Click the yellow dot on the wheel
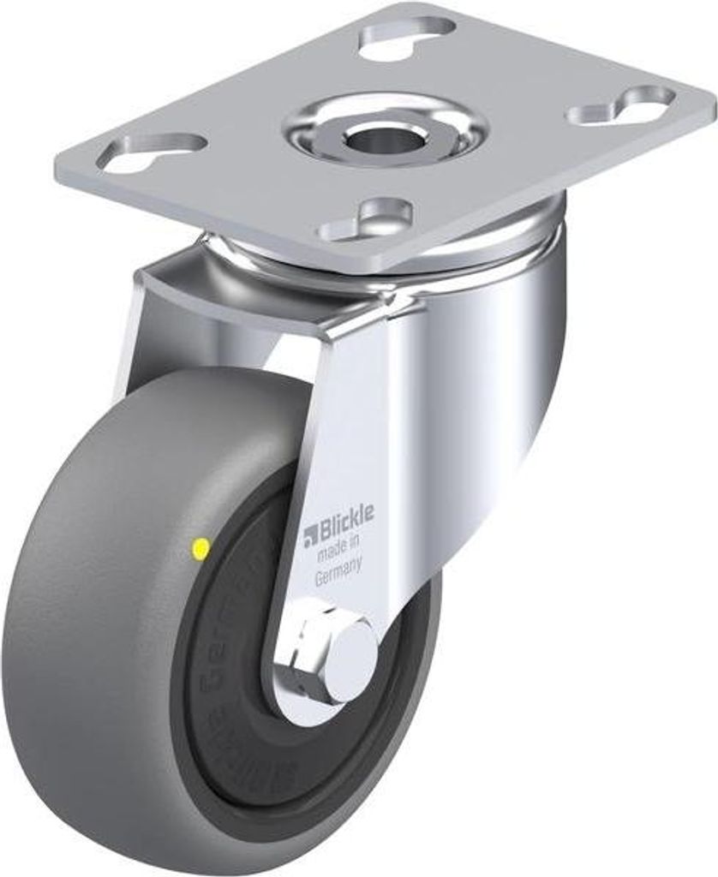(x=201, y=546)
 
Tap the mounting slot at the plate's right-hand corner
(x=624, y=106)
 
